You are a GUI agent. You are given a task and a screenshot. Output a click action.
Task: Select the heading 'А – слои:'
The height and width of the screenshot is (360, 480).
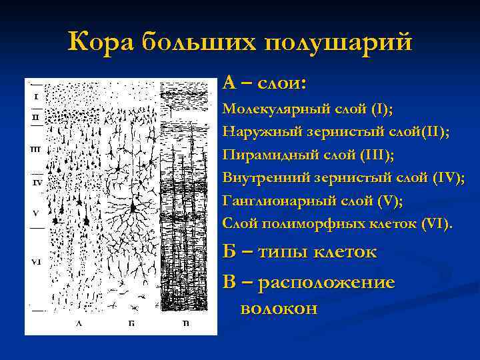265,83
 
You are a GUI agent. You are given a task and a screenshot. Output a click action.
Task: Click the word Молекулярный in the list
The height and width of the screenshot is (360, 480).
270,109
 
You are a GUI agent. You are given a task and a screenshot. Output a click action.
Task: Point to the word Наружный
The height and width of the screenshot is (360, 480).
254,131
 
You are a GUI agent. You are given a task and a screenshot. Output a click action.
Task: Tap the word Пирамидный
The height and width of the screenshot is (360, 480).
262,155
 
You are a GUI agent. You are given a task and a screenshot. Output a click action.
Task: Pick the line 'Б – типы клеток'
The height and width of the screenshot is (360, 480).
299,253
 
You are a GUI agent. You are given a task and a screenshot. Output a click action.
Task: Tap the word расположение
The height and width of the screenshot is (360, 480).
326,283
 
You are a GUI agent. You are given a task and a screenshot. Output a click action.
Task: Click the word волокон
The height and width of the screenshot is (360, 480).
278,309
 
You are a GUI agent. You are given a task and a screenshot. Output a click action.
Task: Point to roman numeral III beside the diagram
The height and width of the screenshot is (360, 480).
36,149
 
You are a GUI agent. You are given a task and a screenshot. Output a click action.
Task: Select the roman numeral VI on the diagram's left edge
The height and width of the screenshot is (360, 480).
36,262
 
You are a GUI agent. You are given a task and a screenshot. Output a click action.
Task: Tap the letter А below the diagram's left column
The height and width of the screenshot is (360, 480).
79,323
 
